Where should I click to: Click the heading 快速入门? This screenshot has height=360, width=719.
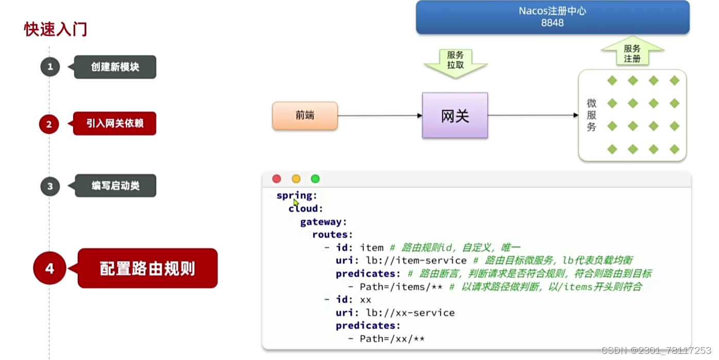[x=56, y=29]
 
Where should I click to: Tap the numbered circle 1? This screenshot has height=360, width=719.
[x=50, y=67]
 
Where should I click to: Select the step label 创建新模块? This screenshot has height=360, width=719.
[x=115, y=67]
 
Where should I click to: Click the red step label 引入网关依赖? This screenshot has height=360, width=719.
[x=115, y=124]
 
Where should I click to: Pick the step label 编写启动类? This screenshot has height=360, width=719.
[x=115, y=186]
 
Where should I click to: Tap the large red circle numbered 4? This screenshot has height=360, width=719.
[x=49, y=268]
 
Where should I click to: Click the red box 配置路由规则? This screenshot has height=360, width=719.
[x=147, y=268]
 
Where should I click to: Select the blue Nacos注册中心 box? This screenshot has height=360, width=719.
[x=552, y=17]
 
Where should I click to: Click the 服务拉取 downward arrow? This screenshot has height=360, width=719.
[x=455, y=62]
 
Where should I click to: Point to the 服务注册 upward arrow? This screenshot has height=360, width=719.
[x=632, y=52]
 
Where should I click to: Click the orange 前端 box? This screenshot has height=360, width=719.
[x=305, y=116]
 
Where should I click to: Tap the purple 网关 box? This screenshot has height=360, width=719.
[x=455, y=116]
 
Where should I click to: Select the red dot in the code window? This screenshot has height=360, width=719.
[x=277, y=179]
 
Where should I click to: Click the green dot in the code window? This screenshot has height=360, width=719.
[x=315, y=179]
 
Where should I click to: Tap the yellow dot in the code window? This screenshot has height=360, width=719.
[x=296, y=179]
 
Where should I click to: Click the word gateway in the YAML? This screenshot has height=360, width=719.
[x=321, y=222]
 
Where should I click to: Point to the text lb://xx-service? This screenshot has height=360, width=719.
[x=410, y=313]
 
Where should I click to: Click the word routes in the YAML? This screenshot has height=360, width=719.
[x=330, y=235]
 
